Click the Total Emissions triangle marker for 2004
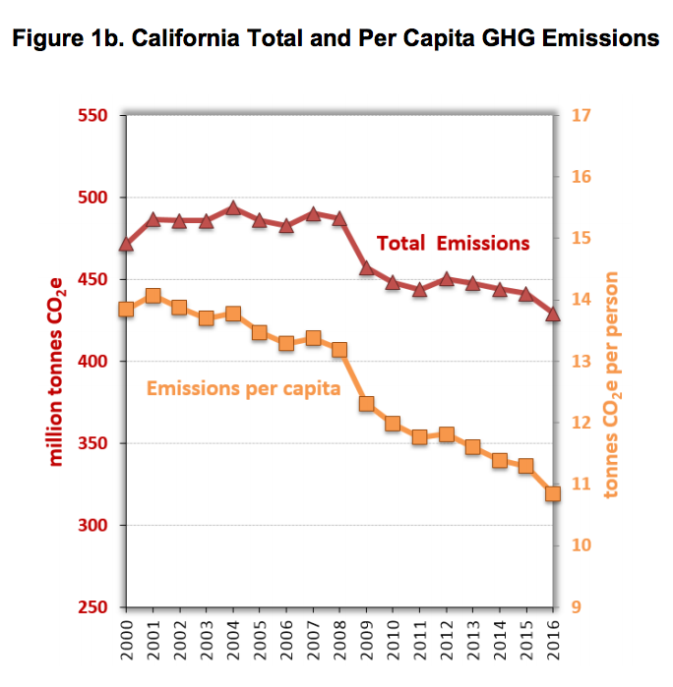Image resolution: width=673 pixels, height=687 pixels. pyautogui.click(x=233, y=207)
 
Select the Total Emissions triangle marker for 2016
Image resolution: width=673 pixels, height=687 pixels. pyautogui.click(x=553, y=314)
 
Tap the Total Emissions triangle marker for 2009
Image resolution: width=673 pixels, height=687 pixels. pyautogui.click(x=366, y=267)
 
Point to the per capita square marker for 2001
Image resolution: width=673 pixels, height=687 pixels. pyautogui.click(x=153, y=296)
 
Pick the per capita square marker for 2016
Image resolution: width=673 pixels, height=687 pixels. pyautogui.click(x=553, y=493)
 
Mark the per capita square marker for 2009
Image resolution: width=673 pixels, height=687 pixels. pyautogui.click(x=366, y=404)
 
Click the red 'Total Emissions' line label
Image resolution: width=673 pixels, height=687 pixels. pyautogui.click(x=454, y=243)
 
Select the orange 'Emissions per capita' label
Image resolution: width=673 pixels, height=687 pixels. pyautogui.click(x=243, y=388)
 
